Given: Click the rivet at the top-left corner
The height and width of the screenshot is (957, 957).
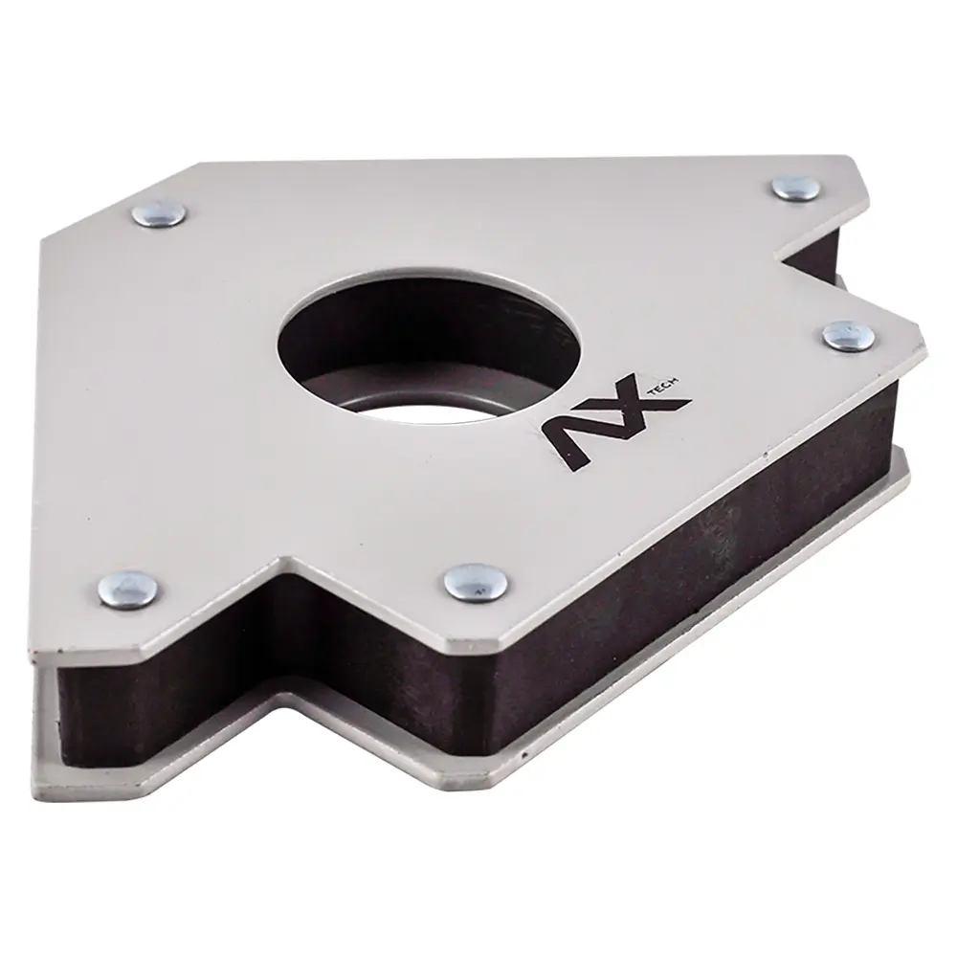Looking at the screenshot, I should tap(159, 213).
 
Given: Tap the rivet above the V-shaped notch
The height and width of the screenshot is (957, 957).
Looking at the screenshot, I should tap(796, 188).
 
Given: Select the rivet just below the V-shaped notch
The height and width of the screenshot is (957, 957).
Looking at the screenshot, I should tap(848, 335).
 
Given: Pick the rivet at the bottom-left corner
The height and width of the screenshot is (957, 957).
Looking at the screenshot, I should tap(128, 588).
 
